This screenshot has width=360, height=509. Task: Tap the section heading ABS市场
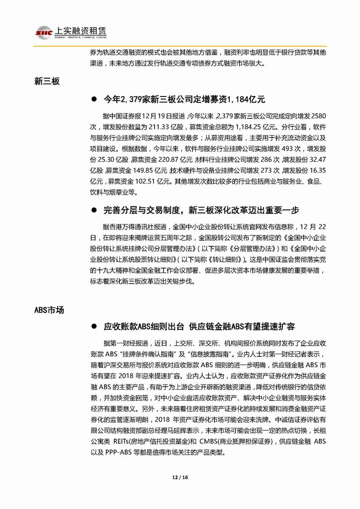point(49,310)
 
